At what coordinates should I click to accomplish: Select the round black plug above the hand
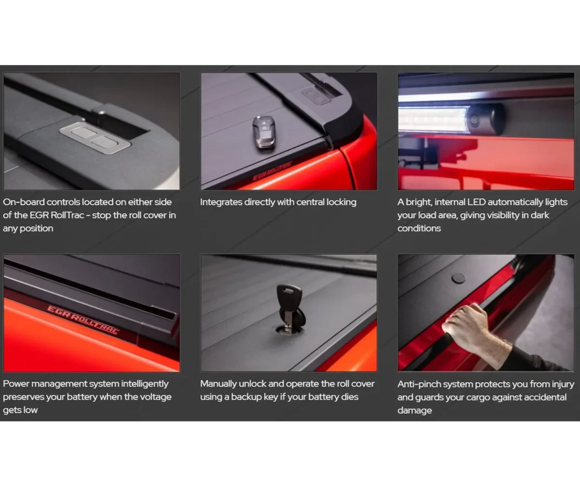click(458, 278)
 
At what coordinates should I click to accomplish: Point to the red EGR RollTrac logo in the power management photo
click(83, 320)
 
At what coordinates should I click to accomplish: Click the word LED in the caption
click(476, 202)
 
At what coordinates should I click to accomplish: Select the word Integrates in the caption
click(221, 202)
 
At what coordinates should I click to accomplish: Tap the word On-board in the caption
click(23, 202)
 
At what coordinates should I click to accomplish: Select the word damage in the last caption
click(414, 410)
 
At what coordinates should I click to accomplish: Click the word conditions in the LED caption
click(419, 228)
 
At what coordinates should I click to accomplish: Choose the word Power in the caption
click(16, 384)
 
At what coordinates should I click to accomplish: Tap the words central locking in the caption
click(326, 202)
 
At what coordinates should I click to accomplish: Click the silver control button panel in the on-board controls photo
click(95, 138)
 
